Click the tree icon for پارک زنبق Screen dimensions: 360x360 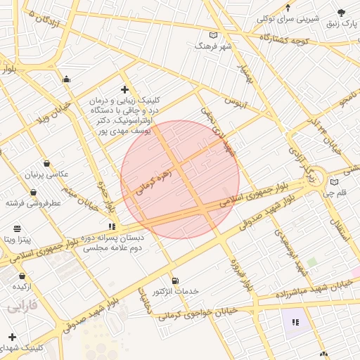tap(342, 13)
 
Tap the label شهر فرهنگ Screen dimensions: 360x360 tap(214, 46)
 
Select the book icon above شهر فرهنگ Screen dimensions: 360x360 tap(214, 35)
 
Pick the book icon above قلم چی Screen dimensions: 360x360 tap(334, 182)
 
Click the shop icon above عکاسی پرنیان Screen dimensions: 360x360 tap(46, 163)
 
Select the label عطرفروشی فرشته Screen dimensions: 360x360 tap(34, 202)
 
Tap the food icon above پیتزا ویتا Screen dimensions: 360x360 tap(17, 229)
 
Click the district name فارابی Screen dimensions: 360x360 tap(22, 307)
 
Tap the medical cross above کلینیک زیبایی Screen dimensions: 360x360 tap(125, 89)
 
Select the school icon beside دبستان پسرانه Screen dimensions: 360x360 tap(112, 226)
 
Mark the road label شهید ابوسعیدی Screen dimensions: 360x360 tap(292, 252)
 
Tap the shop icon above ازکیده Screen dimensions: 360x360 tap(22, 276)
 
